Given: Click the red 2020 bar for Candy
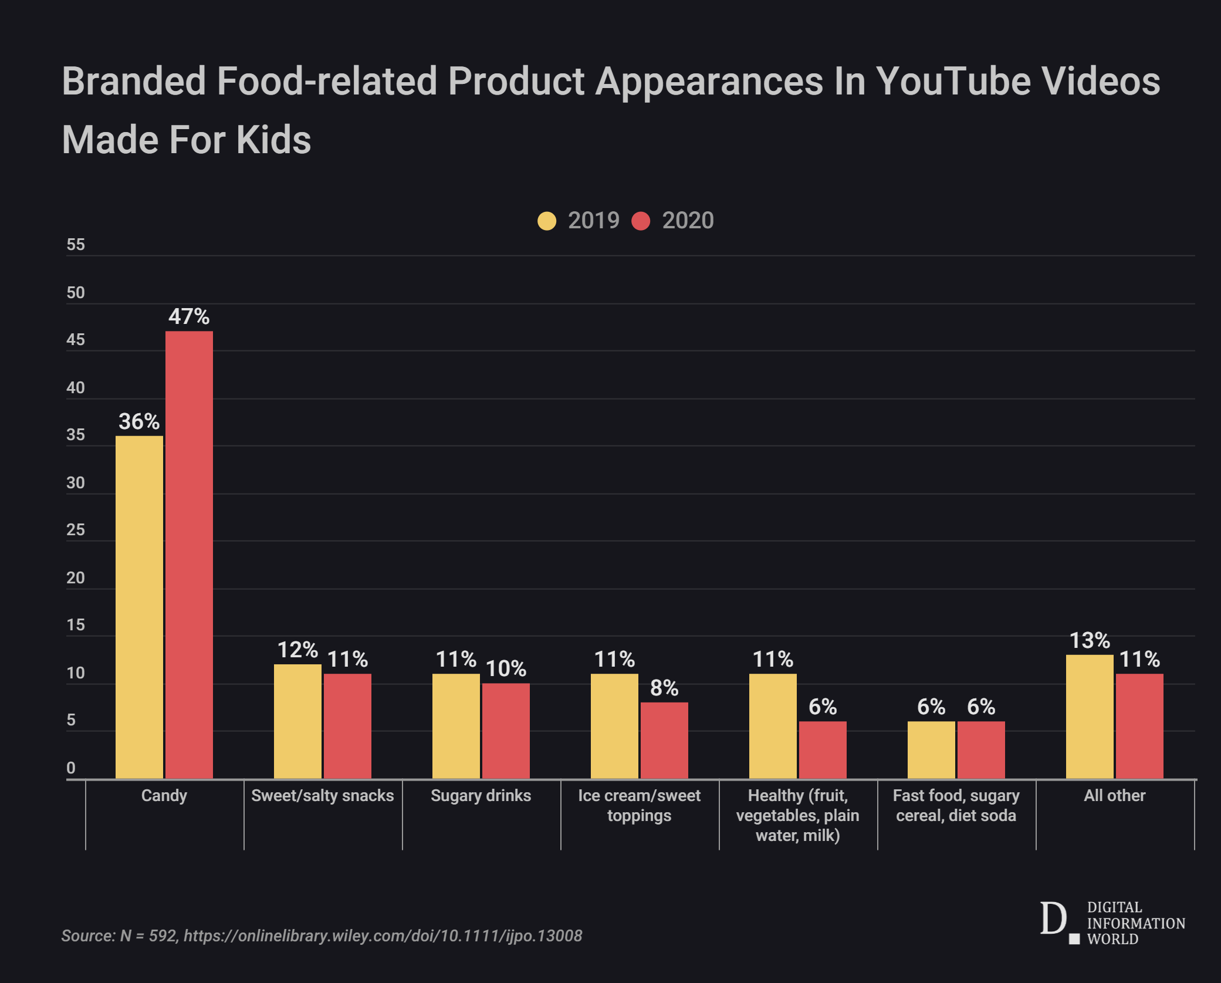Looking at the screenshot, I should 189,555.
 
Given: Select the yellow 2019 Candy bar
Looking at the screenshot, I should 139,607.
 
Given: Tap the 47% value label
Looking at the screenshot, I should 189,317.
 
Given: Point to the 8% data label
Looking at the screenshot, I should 664,688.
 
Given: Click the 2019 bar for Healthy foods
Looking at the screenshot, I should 773,726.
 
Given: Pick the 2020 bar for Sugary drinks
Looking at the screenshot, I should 506,731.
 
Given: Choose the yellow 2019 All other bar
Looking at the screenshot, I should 1090,717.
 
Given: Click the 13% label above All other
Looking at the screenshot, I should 1090,640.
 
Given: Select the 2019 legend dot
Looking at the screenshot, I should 547,221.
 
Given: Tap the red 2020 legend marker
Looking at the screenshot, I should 641,221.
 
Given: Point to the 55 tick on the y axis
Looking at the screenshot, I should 76,245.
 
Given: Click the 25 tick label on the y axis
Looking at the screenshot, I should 76,530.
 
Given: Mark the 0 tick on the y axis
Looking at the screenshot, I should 71,768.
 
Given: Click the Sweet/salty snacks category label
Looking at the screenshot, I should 323,796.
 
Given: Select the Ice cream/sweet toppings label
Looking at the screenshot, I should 640,805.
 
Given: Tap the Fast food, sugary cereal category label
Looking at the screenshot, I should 956,805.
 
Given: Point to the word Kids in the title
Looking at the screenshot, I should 273,140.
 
